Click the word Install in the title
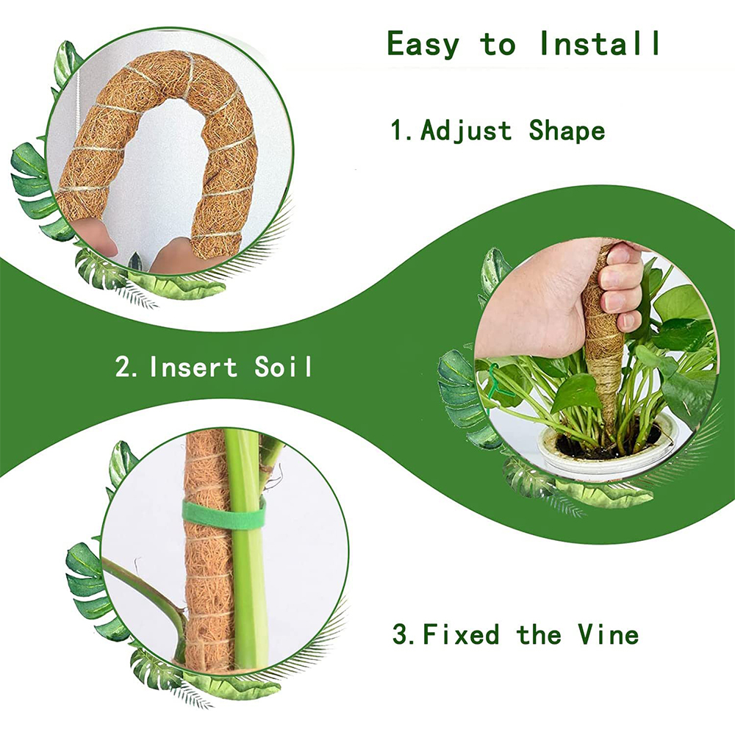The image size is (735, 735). click(x=600, y=43)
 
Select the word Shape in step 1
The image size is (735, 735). click(x=567, y=132)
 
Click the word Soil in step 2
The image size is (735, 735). click(x=284, y=366)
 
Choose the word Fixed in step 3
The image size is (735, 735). click(x=461, y=634)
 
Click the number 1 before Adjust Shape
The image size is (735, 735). click(x=398, y=132)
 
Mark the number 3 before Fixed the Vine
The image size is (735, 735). click(x=401, y=634)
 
